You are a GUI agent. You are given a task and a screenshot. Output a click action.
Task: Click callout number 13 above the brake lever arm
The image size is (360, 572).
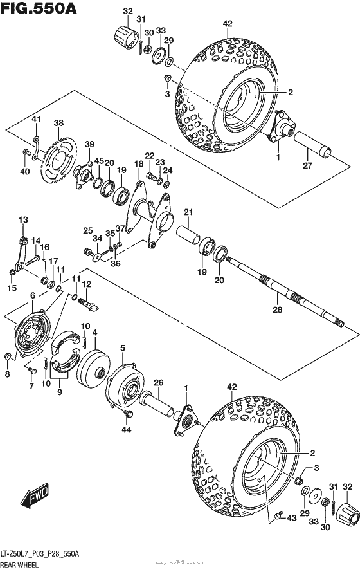(23, 221)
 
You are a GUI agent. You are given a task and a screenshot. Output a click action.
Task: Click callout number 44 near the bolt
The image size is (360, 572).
(126, 429)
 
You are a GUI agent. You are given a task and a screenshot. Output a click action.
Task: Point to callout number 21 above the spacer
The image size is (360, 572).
(188, 212)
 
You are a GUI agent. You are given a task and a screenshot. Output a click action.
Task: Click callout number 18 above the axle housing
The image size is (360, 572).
(139, 165)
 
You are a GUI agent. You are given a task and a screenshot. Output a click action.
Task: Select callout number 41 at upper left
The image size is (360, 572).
(37, 120)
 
